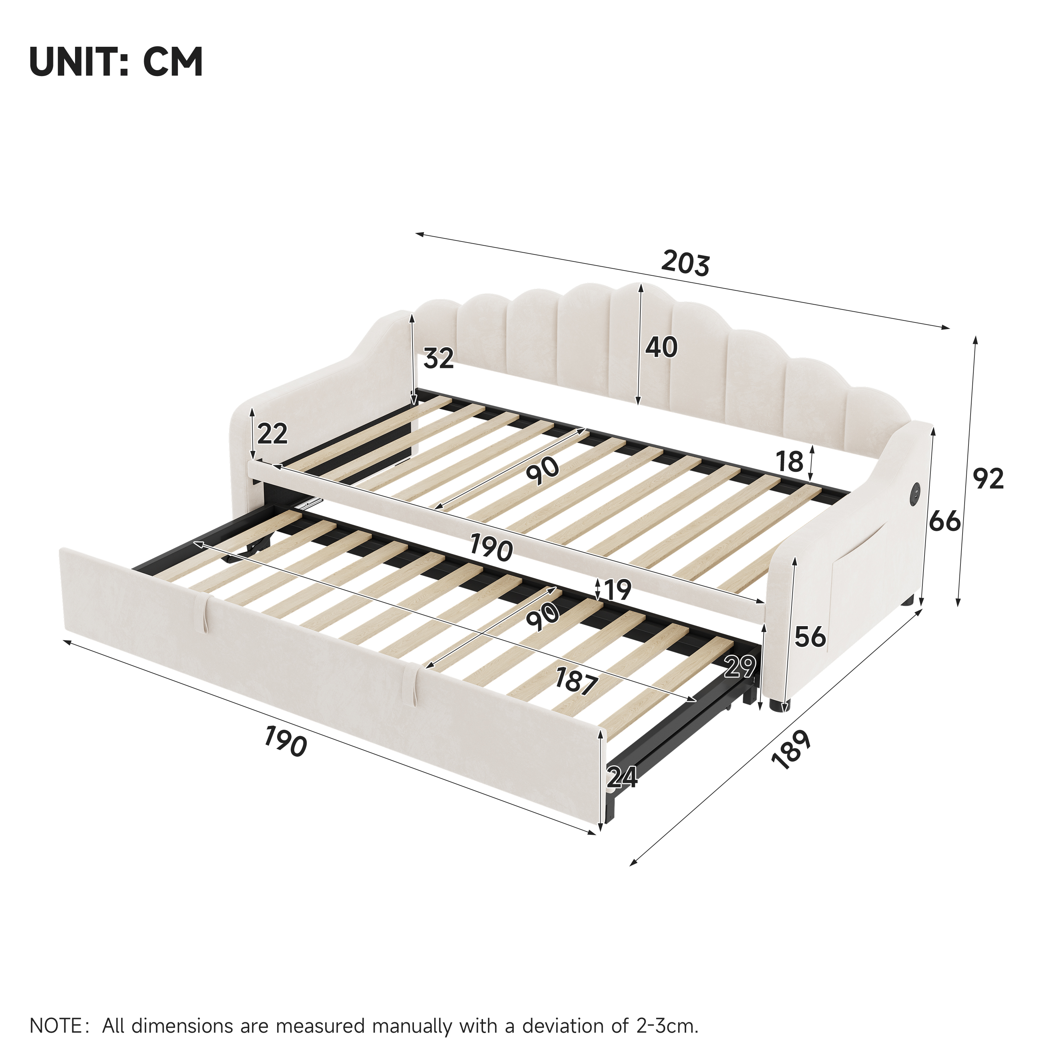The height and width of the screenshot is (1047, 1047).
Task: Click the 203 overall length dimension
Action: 685,263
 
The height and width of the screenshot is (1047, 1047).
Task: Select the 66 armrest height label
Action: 945,521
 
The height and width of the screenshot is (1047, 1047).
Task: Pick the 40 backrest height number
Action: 661,347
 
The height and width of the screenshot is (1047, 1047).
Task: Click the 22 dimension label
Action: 272,434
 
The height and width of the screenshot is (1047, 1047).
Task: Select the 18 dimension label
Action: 789,462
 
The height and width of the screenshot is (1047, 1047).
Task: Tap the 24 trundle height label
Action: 622,777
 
